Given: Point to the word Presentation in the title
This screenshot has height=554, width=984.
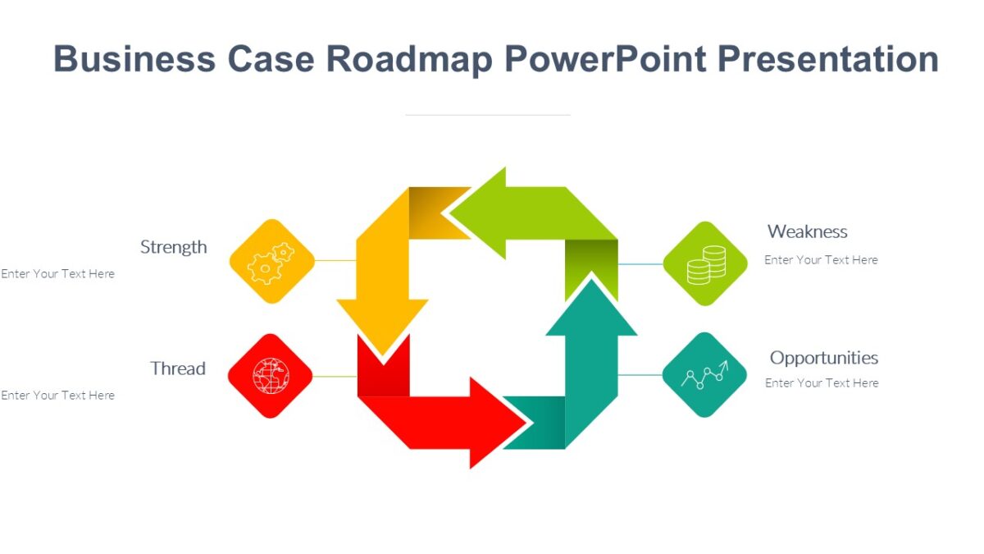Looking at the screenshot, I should pos(827,60).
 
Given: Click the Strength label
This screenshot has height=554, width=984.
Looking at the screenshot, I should pos(173,247).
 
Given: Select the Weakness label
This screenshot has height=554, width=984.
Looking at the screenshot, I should pos(807,231).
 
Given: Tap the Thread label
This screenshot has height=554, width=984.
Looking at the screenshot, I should pos(177,369).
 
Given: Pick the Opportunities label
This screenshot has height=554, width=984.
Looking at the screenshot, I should pos(823,358).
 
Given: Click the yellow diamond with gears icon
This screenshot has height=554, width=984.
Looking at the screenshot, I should pos(271,261).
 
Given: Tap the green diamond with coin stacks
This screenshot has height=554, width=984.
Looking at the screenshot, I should pos(704,263).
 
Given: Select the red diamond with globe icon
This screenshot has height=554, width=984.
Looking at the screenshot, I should pos(270,376).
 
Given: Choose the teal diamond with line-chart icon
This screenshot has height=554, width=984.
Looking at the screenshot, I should pos(704,375).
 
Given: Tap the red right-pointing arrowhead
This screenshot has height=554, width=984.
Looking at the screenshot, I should pos(504,424).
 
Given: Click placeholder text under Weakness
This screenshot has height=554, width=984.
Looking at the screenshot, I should pos(821,260).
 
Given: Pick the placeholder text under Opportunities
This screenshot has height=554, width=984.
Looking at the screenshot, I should pos(822,383).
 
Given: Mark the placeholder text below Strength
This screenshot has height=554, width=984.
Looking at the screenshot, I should pos(57,274).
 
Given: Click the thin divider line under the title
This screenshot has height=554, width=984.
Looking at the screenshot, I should pos(487,115).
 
